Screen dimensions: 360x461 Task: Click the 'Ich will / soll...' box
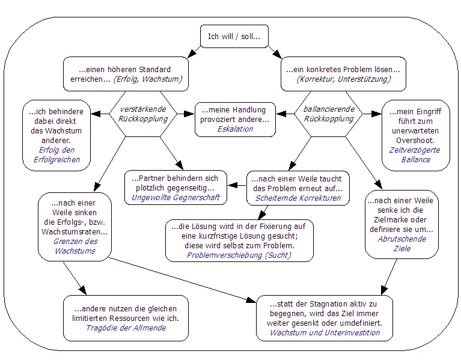pos(234,37)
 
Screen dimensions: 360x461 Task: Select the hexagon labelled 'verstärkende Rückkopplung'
pos(144,114)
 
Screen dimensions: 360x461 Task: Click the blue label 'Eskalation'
pos(235,129)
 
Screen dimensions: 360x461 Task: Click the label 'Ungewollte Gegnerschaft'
pos(176,197)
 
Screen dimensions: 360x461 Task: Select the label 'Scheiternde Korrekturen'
pos(298,197)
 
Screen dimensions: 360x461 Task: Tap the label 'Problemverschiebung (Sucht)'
pos(239,255)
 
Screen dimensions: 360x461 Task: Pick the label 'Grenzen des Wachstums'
pos(75,246)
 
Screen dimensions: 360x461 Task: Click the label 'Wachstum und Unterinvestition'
pos(325,332)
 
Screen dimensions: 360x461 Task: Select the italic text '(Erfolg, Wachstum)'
pos(148,79)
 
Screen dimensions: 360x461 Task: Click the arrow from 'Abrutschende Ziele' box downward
pos(389,275)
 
